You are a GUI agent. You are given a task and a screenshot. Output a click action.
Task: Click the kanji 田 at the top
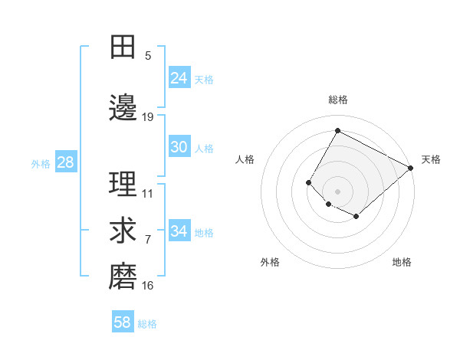tap(123, 47)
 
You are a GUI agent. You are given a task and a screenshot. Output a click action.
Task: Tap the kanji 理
tap(123, 185)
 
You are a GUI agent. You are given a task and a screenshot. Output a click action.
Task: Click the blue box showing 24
tap(179, 77)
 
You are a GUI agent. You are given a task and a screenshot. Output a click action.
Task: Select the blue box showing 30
tap(179, 147)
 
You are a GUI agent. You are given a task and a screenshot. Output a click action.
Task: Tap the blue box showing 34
tap(179, 231)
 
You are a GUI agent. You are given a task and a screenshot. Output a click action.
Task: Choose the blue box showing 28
tap(65, 162)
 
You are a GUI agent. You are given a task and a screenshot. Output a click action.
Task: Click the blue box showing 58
tap(123, 322)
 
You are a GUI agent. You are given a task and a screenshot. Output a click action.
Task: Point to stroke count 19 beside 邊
tap(148, 117)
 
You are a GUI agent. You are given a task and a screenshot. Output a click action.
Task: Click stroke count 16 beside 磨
tap(148, 286)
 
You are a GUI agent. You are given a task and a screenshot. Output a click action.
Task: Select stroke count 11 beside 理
tap(148, 194)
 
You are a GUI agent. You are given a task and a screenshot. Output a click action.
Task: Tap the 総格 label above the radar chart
tap(338, 100)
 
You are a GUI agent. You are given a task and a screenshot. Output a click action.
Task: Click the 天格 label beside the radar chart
tap(431, 159)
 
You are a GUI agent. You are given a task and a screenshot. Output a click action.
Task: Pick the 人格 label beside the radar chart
tap(245, 159)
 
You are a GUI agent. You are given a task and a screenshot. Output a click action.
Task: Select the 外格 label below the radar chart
tap(270, 262)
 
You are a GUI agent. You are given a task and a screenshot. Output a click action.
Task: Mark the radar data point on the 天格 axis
tap(411, 168)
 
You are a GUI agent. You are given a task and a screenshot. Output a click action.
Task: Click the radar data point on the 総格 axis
tap(337, 131)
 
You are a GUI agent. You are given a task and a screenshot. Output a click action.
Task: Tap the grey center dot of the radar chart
tap(337, 191)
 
